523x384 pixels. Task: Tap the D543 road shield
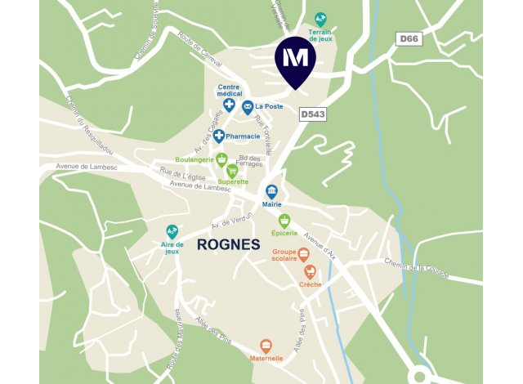(313, 115)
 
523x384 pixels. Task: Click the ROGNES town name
(228, 244)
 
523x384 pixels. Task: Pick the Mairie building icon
(270, 191)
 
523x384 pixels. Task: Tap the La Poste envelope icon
(247, 107)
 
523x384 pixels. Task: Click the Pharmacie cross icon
(219, 135)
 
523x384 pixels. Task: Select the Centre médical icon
(230, 105)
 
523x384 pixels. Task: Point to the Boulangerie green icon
(221, 159)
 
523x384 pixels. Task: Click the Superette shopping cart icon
(232, 171)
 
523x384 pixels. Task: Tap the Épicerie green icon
(284, 221)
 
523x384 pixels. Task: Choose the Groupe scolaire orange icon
(303, 254)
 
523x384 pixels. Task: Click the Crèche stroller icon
(310, 271)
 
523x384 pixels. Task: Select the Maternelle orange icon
(266, 346)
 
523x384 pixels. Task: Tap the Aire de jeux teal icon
(172, 231)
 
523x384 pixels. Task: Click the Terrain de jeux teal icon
(320, 19)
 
